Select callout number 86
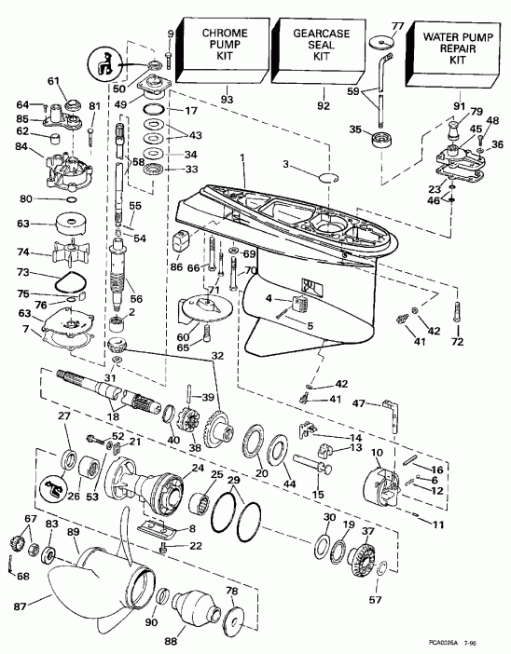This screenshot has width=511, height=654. tap(176, 266)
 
